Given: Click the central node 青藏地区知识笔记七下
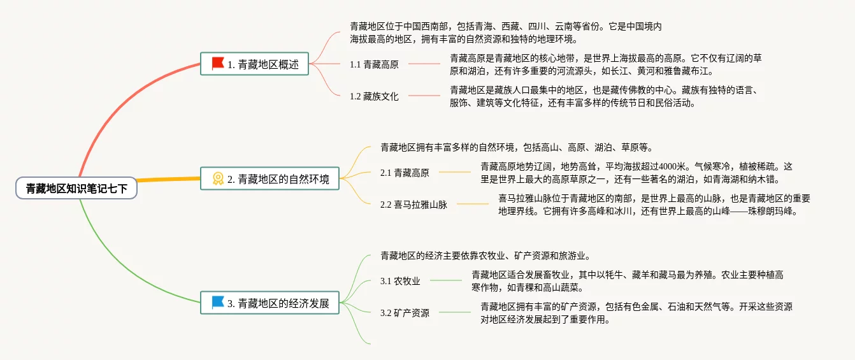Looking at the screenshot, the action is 76,188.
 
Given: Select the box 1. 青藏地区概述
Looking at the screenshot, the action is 254,64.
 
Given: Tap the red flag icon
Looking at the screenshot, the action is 218,63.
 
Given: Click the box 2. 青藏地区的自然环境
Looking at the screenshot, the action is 269,178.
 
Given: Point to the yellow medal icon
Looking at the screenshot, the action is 218,179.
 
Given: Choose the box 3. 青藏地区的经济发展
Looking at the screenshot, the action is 269,303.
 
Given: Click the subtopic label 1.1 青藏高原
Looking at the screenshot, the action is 374,64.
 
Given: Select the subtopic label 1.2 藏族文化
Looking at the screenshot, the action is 374,97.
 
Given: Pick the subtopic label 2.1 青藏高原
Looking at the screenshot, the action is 405,173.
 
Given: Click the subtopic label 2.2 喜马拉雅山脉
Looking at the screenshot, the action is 413,205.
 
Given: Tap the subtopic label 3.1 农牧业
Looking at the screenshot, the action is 400,281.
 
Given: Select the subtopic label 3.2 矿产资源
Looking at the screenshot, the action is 405,313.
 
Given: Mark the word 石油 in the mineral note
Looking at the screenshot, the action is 666,306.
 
